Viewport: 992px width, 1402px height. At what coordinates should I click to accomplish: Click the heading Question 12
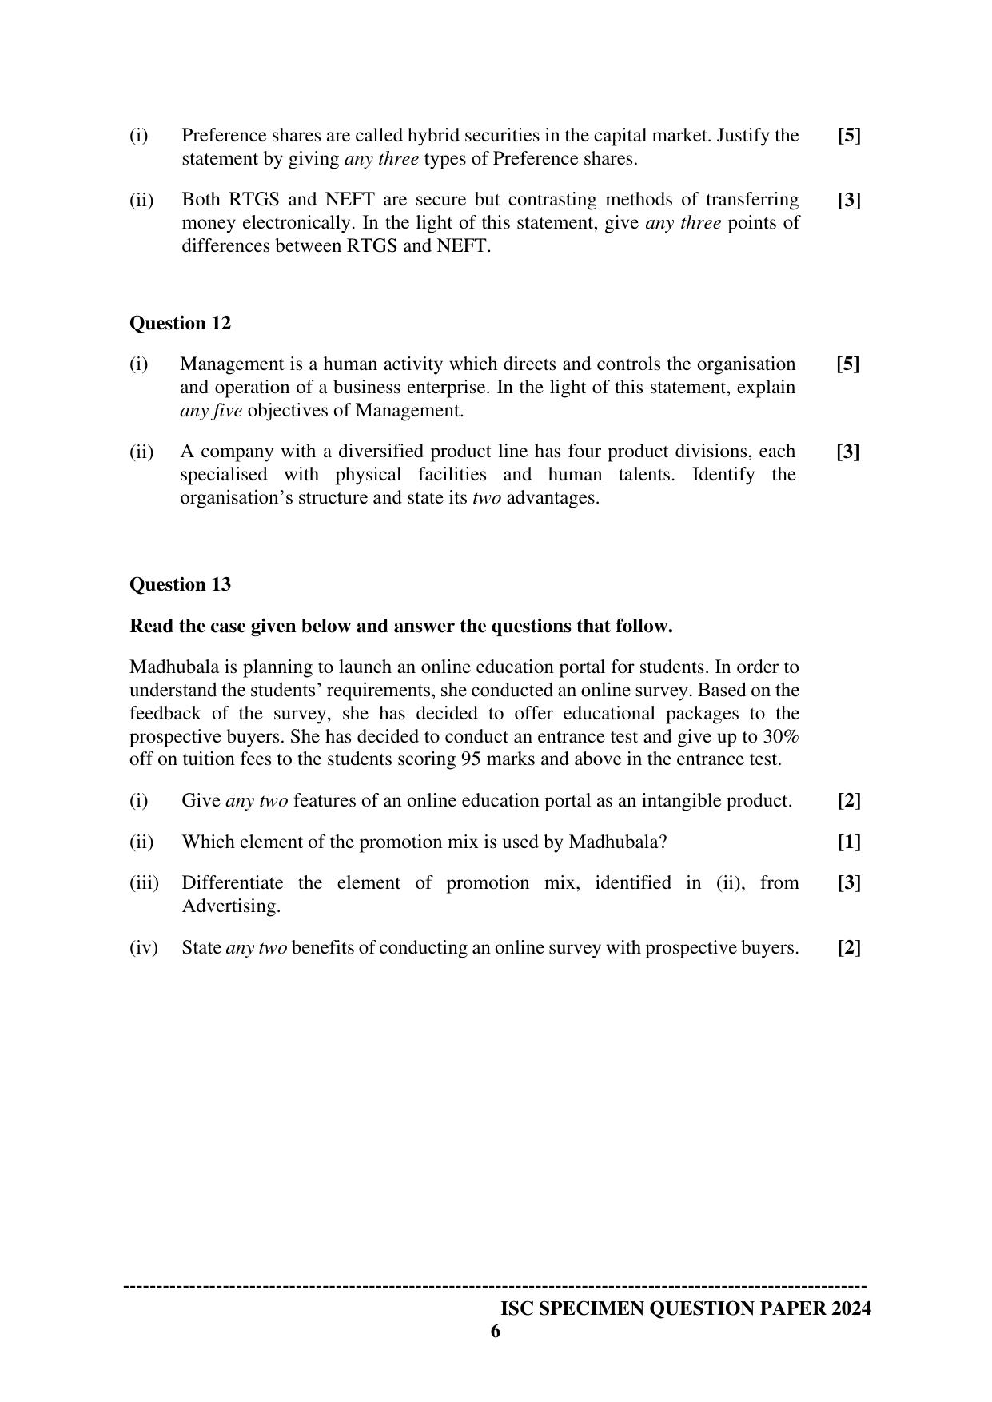pyautogui.click(x=180, y=323)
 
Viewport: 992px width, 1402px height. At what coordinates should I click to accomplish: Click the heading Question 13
pyautogui.click(x=180, y=584)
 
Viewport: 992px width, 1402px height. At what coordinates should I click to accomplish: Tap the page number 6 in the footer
pyautogui.click(x=496, y=1331)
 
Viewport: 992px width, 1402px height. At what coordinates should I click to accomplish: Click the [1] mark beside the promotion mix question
pyautogui.click(x=849, y=842)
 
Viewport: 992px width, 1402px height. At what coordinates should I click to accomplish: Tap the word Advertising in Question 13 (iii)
pyautogui.click(x=230, y=906)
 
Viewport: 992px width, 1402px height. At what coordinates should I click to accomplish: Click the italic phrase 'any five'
pyautogui.click(x=210, y=411)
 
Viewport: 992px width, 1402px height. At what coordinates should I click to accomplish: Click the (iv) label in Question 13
pyautogui.click(x=144, y=948)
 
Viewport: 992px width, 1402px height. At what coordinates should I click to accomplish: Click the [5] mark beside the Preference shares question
pyautogui.click(x=849, y=136)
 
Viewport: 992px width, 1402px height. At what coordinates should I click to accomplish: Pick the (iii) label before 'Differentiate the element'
pyautogui.click(x=145, y=883)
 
